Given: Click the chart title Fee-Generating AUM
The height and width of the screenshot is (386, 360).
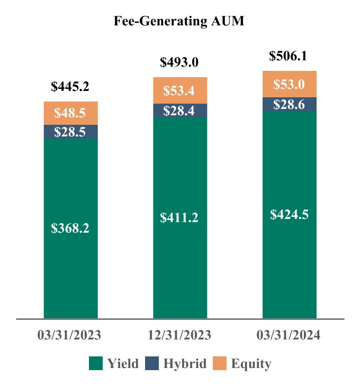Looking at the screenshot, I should pyautogui.click(x=179, y=22).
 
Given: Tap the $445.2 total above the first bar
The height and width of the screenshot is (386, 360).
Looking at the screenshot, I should pyautogui.click(x=70, y=87).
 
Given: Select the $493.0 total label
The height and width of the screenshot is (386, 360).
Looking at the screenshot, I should pyautogui.click(x=179, y=63).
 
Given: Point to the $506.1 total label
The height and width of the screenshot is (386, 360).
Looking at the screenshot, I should pyautogui.click(x=289, y=56).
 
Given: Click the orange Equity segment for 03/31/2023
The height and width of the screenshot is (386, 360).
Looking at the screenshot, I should pyautogui.click(x=70, y=113).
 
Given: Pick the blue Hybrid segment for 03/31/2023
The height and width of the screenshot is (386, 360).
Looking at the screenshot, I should pyautogui.click(x=70, y=132).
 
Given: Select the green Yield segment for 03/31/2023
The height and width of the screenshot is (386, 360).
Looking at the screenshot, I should pyautogui.click(x=70, y=228).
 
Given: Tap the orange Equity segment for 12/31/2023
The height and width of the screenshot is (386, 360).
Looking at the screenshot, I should pyautogui.click(x=179, y=90).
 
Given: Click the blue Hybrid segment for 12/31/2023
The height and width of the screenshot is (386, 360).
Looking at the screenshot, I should pyautogui.click(x=179, y=111).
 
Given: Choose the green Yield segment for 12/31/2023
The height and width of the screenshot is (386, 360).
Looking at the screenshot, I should pyautogui.click(x=179, y=217).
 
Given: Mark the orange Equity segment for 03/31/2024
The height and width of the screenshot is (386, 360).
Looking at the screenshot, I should pyautogui.click(x=290, y=84).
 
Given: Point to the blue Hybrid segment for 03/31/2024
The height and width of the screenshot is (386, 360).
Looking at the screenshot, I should pyautogui.click(x=290, y=104).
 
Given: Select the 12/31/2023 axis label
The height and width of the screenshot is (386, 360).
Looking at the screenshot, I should pyautogui.click(x=179, y=335).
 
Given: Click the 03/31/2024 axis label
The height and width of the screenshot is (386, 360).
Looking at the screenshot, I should pyautogui.click(x=289, y=335).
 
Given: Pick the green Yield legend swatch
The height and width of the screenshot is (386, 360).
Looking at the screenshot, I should pyautogui.click(x=95, y=363).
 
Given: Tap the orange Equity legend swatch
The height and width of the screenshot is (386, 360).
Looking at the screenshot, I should pyautogui.click(x=219, y=363).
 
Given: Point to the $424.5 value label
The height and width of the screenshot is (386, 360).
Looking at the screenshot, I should pyautogui.click(x=290, y=214).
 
